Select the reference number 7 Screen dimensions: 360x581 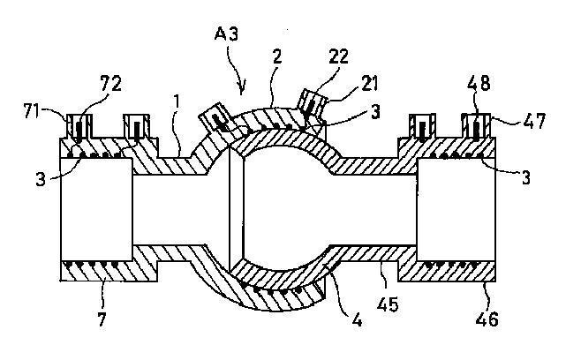[x=102, y=317]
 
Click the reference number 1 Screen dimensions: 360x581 [x=178, y=102]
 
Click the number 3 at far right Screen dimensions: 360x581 [x=524, y=177]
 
